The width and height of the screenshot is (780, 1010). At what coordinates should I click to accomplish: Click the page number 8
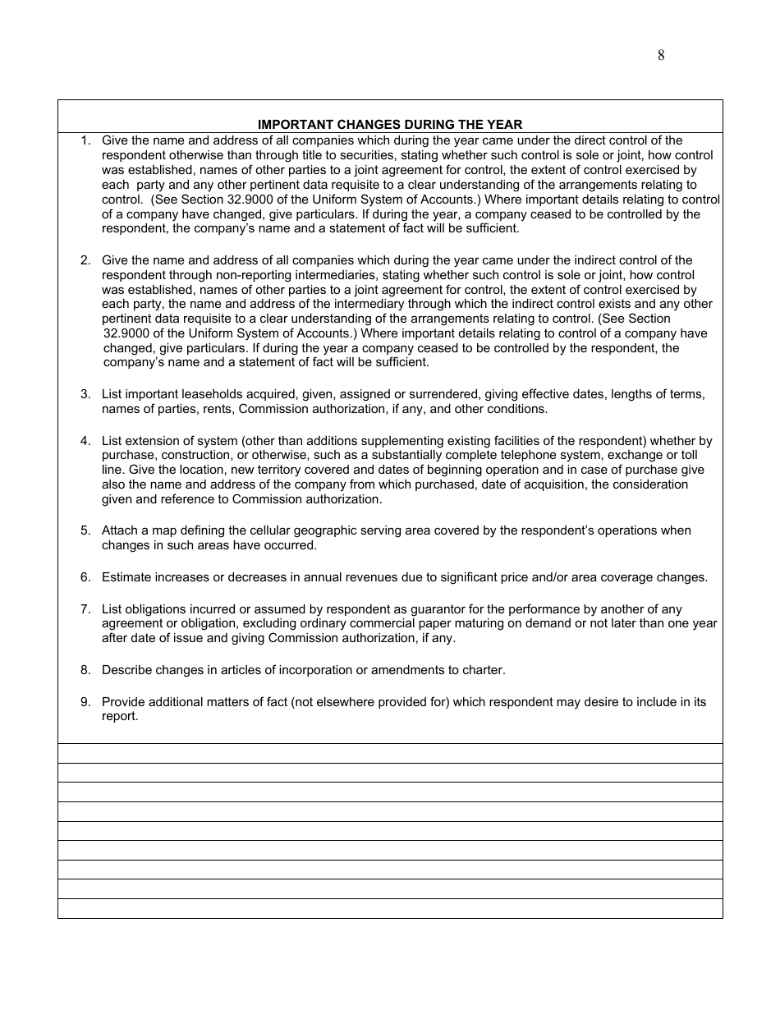pos(661,56)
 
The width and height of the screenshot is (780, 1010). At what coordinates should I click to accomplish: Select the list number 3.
pos(85,395)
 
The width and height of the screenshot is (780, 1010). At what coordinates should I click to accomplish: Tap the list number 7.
pos(85,609)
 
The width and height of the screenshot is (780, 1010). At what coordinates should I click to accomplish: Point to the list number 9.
pos(85,702)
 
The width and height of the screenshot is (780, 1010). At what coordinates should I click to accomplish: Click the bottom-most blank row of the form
pos(390,908)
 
